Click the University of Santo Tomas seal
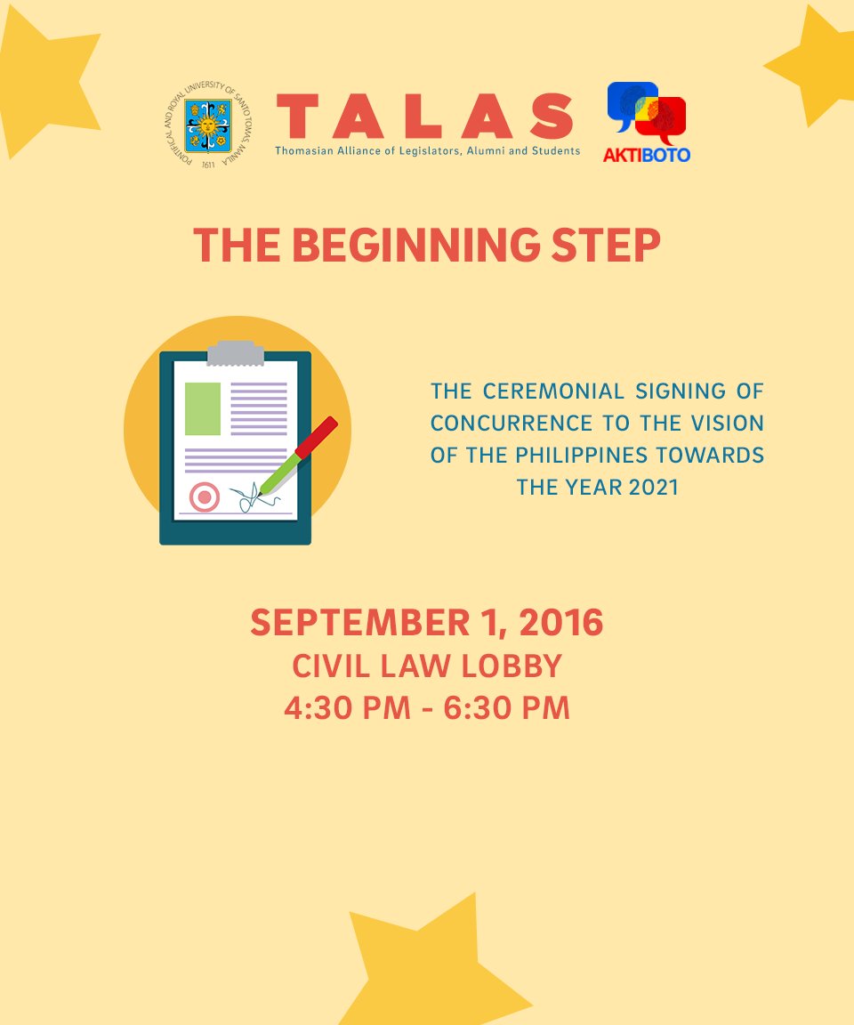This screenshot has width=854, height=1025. tap(208, 126)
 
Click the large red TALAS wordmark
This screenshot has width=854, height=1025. tap(426, 117)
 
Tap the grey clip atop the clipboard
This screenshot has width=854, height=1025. tap(236, 352)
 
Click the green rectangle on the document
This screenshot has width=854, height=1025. tap(203, 408)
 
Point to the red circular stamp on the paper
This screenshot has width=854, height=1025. tap(205, 496)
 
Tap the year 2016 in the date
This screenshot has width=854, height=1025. tap(560, 623)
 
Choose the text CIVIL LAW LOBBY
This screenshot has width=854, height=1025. tap(427, 666)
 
